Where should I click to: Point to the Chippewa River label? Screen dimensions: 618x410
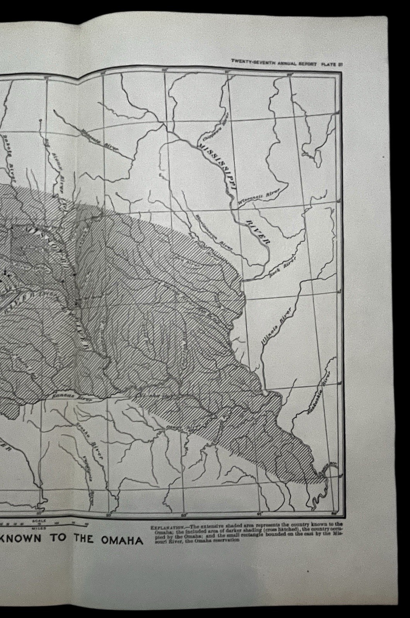click(x=214, y=125)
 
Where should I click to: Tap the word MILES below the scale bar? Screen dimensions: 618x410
click(x=39, y=527)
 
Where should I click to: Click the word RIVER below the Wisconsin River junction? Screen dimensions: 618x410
click(x=257, y=232)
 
